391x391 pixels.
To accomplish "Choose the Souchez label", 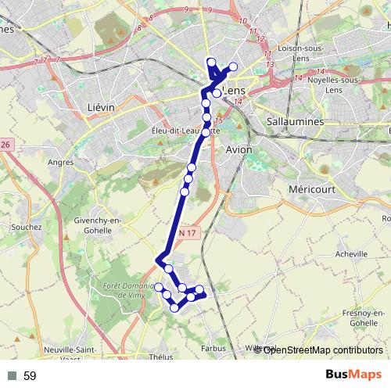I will click(x=26, y=228).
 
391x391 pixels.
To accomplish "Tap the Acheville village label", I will click(x=350, y=254).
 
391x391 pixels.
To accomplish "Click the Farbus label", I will click(x=213, y=349).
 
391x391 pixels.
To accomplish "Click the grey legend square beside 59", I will click(x=12, y=376).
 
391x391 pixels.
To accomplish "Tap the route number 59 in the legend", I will click(x=30, y=376).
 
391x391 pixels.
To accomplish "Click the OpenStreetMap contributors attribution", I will click(x=322, y=350).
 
